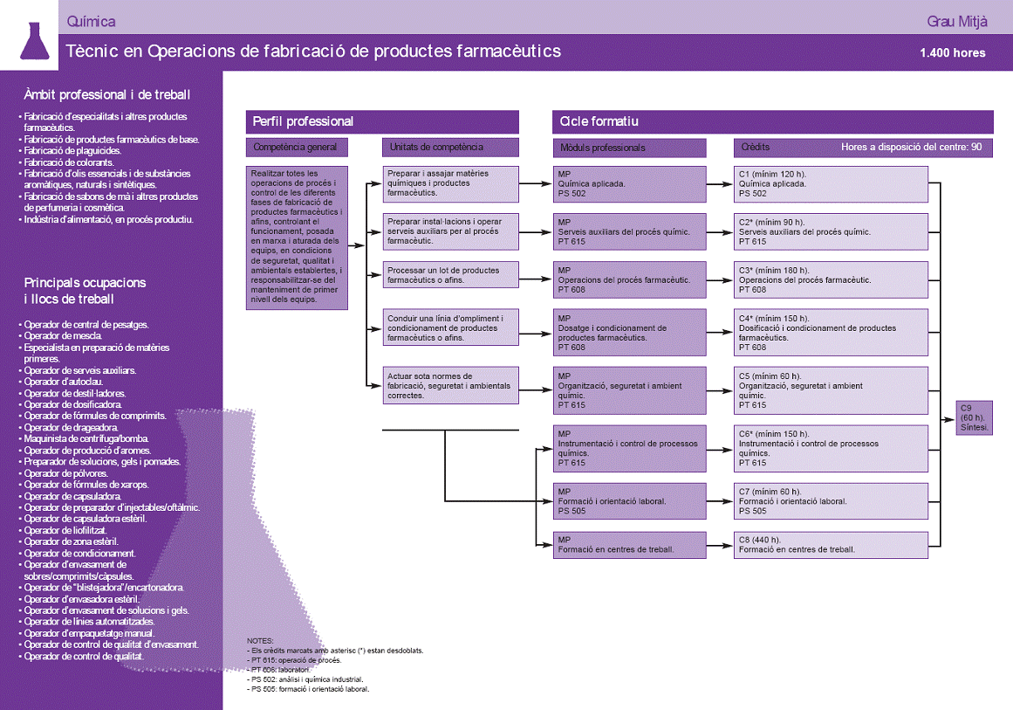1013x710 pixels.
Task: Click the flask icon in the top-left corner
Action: pyautogui.click(x=35, y=41)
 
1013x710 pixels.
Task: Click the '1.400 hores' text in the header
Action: pyautogui.click(x=952, y=53)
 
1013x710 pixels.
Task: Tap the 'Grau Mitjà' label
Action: pyautogui.click(x=957, y=22)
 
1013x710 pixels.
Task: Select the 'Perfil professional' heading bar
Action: pyautogui.click(x=382, y=121)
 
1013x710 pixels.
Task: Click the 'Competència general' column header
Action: pyautogui.click(x=297, y=148)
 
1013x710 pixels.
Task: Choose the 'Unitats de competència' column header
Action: pyautogui.click(x=450, y=148)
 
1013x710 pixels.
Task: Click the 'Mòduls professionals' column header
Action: pyautogui.click(x=629, y=148)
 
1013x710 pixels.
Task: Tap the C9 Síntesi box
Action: pyautogui.click(x=974, y=417)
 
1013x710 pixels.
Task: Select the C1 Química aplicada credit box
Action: pyautogui.click(x=831, y=184)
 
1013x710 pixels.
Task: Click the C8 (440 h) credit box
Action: pyautogui.click(x=831, y=545)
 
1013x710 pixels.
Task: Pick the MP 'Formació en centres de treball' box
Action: pyautogui.click(x=629, y=545)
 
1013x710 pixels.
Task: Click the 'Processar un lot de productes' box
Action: pyautogui.click(x=450, y=275)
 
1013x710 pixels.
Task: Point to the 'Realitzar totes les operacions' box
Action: pyautogui.click(x=297, y=238)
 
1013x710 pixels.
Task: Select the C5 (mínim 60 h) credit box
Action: pyautogui.click(x=831, y=390)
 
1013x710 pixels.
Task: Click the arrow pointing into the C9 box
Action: pyautogui.click(x=948, y=419)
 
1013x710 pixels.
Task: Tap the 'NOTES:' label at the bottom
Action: pyautogui.click(x=260, y=641)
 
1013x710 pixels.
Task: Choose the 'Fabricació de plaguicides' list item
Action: pyautogui.click(x=72, y=151)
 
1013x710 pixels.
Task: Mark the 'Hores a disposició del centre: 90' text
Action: pyautogui.click(x=911, y=148)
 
